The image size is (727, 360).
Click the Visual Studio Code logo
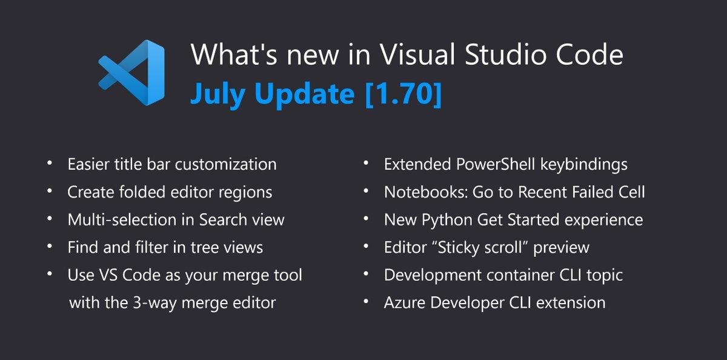[131, 73]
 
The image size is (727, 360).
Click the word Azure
[403, 302]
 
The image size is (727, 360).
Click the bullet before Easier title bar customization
[50, 165]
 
